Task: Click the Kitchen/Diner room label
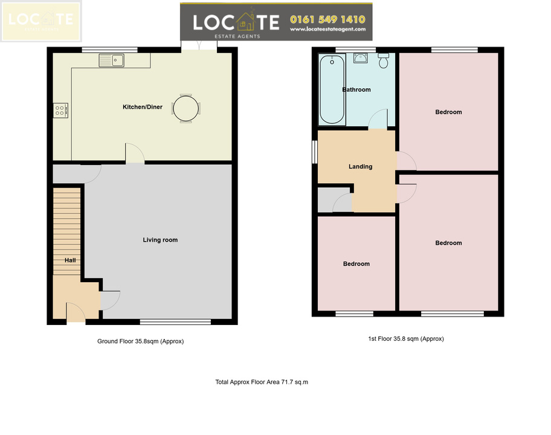[x=143, y=107]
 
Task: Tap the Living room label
[x=160, y=240]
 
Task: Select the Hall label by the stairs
[x=70, y=260]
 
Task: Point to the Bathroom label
[x=356, y=89]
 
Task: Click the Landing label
[x=361, y=167]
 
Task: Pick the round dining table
[x=186, y=109]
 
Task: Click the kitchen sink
[x=111, y=60]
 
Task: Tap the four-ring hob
[x=60, y=111]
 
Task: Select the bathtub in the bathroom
[x=332, y=89]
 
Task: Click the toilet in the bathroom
[x=384, y=61]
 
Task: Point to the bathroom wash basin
[x=361, y=59]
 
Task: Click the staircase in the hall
[x=67, y=231]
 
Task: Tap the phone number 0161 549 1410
[x=327, y=19]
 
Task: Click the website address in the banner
[x=327, y=30]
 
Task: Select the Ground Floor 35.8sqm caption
[x=141, y=341]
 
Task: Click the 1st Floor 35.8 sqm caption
[x=406, y=339]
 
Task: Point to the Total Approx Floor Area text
[x=262, y=382]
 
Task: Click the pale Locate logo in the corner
[x=41, y=21]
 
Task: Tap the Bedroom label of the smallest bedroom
[x=356, y=264]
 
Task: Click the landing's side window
[x=315, y=152]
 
